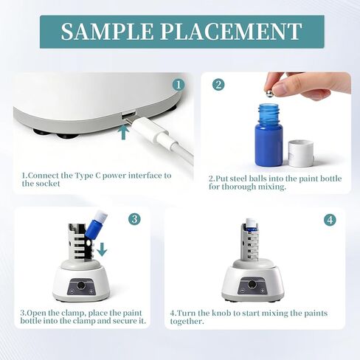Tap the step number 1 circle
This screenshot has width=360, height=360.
[x=177, y=83]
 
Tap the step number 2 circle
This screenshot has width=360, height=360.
[x=218, y=84]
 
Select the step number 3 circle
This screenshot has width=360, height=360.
[x=134, y=218]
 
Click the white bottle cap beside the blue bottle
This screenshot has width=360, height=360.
[x=300, y=153]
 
